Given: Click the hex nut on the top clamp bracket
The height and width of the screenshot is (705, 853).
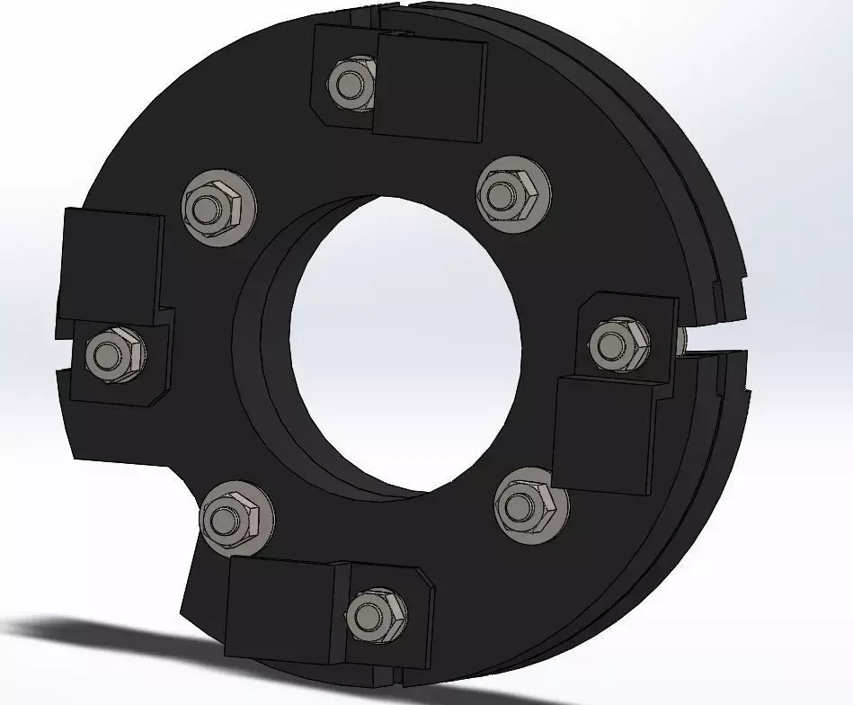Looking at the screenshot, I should click(351, 84).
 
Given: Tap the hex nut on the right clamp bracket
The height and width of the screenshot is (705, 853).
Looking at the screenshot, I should click(619, 344).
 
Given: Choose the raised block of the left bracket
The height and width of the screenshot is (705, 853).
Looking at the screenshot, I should click(110, 261).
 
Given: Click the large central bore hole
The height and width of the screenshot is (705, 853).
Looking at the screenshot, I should click(404, 342).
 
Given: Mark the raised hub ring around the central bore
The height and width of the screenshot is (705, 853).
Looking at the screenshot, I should click(261, 360).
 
